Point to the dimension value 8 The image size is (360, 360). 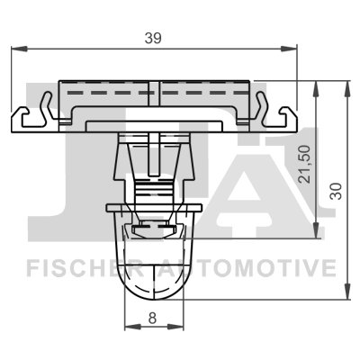[x=151, y=316]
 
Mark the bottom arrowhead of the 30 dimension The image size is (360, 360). [x=346, y=294]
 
